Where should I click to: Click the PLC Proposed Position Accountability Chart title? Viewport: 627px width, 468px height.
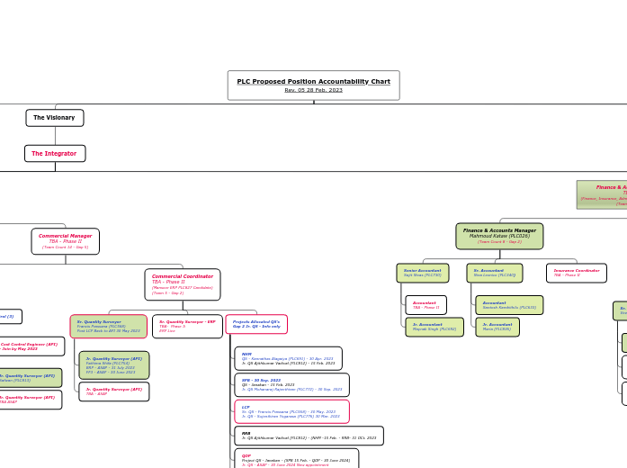pyautogui.click(x=313, y=81)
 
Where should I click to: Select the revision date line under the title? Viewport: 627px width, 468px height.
pyautogui.click(x=313, y=90)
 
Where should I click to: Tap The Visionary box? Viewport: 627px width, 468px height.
pyautogui.click(x=55, y=118)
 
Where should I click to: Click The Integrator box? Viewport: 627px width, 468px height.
pyautogui.click(x=55, y=153)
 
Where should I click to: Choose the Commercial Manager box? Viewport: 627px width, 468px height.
pyautogui.click(x=65, y=240)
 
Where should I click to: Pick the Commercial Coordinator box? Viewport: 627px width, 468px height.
pyautogui.click(x=183, y=284)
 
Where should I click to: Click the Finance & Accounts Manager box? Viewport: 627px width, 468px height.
pyautogui.click(x=499, y=236)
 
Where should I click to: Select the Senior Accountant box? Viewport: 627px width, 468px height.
pyautogui.click(x=423, y=273)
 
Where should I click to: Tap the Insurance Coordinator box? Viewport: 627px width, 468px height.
pyautogui.click(x=576, y=273)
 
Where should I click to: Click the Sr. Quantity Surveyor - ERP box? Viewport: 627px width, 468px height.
pyautogui.click(x=187, y=326)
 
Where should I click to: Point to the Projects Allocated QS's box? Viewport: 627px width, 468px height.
pyautogui.click(x=256, y=324)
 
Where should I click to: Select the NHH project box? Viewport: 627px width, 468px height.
pyautogui.click(x=288, y=358)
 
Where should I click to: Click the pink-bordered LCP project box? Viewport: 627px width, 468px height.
pyautogui.click(x=291, y=412)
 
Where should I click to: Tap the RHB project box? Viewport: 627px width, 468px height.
pyautogui.click(x=309, y=436)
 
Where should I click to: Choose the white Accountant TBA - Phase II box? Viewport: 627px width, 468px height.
pyautogui.click(x=425, y=305)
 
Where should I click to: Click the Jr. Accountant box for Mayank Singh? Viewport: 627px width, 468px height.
pyautogui.click(x=434, y=327)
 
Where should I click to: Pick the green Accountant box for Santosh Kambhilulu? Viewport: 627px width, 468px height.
pyautogui.click(x=509, y=305)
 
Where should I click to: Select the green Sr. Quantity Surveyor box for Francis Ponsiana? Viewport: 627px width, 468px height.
pyautogui.click(x=109, y=326)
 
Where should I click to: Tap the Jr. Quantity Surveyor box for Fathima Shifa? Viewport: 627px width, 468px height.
pyautogui.click(x=114, y=364)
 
